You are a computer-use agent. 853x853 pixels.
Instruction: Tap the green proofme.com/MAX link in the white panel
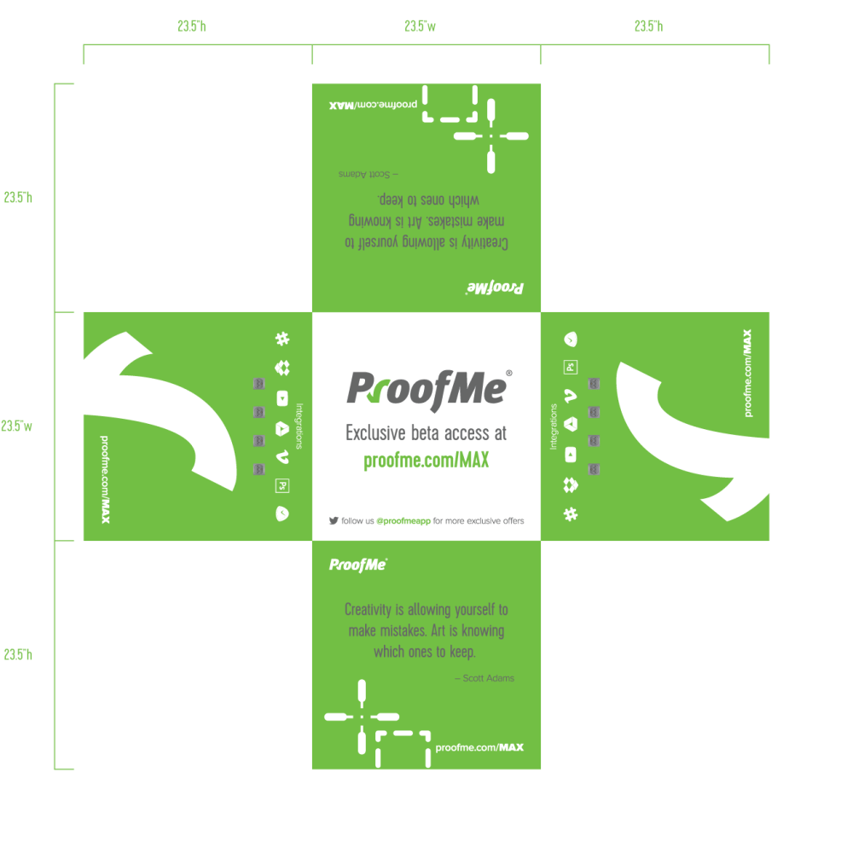426,461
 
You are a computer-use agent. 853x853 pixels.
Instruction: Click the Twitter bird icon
334,519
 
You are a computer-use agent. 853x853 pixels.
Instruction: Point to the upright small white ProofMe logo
358,565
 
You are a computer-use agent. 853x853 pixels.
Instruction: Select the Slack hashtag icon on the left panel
282,339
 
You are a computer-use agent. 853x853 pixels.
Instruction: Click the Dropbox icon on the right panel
571,485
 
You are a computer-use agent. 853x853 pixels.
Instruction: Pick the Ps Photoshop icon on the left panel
282,486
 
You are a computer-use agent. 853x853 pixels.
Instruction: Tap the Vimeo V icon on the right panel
571,395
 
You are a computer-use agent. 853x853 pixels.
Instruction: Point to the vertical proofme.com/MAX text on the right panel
748,373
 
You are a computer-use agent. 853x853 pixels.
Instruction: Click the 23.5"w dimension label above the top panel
420,27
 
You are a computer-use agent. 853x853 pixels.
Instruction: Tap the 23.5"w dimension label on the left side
17,426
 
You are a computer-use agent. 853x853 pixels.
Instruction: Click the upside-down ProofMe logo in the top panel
495,287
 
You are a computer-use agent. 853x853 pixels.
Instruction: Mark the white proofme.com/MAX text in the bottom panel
479,747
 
